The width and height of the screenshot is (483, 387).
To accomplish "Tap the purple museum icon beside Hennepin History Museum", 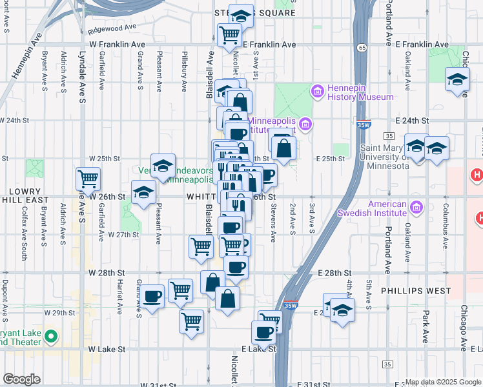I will click(317, 91).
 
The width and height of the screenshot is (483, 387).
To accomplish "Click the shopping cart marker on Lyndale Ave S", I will click(88, 177).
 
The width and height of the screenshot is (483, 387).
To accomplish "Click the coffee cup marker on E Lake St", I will click(263, 333).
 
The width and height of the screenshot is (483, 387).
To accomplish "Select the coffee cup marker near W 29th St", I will click(152, 296).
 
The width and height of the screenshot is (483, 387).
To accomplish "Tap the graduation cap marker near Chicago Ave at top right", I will click(458, 80).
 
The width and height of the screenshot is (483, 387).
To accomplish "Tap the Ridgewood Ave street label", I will click(114, 28).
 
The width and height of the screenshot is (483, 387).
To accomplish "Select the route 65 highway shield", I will click(364, 48).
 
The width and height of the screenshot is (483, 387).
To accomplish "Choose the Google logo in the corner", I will click(21, 379).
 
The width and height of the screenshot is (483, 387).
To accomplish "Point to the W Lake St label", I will click(106, 349).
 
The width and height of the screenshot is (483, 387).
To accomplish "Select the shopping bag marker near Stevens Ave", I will click(284, 148).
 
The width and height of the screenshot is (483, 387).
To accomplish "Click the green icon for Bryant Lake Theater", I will click(52, 336).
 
